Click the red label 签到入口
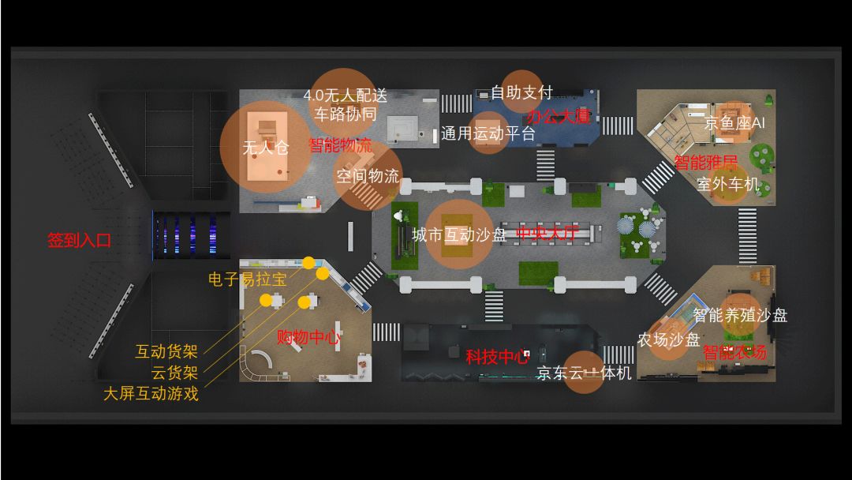pos(79,241)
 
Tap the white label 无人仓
pos(265,148)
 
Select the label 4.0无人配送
pos(346,96)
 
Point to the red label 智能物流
pos(340,145)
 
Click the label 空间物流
pos(368,176)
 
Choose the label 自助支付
pos(521,92)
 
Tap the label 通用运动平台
pos(488,133)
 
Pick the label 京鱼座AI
pos(734,123)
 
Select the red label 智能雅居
pos(705,163)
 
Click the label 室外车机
pos(727,184)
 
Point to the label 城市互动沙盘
pos(459,234)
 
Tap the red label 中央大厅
pos(547,234)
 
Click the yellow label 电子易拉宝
pos(247,279)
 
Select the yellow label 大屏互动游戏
pos(151,393)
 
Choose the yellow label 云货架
pos(174,373)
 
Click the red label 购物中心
pos(308,337)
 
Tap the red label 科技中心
pos(497,357)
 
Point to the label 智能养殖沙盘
pos(740,315)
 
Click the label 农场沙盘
pos(668,339)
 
